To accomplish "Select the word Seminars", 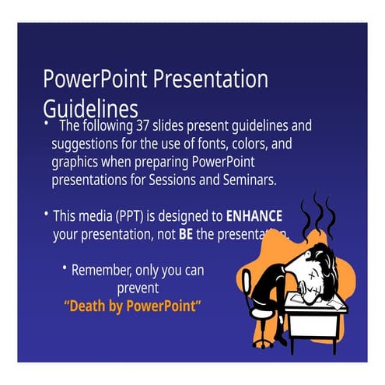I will (x=248, y=180).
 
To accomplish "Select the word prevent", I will (x=137, y=287).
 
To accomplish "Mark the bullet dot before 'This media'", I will (x=46, y=214).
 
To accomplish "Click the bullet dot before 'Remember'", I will (x=64, y=268).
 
